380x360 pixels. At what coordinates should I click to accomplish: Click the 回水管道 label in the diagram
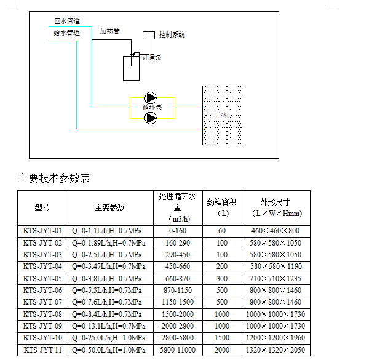pos(67,21)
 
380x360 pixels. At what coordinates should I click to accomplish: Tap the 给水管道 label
pos(66,33)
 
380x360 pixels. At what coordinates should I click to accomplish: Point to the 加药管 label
pos(109,31)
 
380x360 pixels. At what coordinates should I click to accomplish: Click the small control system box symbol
pos(149,35)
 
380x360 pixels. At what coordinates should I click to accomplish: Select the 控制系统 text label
pos(172,34)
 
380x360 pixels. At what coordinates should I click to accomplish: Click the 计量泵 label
pos(152,57)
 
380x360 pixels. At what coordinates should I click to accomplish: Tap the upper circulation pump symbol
pos(151,98)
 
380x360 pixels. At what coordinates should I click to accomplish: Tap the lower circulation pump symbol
pos(151,118)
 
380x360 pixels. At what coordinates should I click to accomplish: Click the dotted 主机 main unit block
pos(222,115)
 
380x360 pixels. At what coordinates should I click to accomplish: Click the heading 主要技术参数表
pos(54,178)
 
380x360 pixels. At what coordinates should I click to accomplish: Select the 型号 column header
pos(42,207)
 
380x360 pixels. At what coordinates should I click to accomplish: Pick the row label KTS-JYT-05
pos(42,279)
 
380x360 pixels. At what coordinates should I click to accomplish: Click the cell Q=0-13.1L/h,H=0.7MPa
pos(109,326)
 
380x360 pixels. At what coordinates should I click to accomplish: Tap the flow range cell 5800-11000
pos(178,350)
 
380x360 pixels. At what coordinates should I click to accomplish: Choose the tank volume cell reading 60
pos(222,230)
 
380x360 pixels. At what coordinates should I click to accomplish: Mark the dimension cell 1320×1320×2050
pos(275,350)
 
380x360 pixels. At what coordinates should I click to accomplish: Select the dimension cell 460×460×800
pos(275,230)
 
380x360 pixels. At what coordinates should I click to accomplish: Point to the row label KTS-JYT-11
pos(42,350)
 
